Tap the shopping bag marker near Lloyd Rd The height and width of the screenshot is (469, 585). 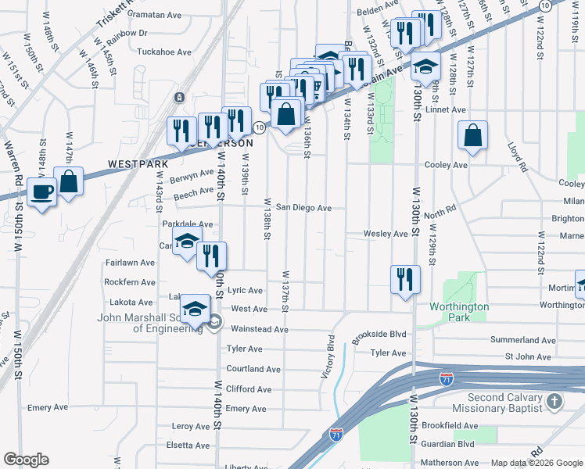coord(473,136)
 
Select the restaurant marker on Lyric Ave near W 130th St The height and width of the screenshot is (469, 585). coord(404,280)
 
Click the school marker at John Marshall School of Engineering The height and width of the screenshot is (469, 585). coord(196,309)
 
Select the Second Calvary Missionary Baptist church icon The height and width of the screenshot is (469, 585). coord(554,403)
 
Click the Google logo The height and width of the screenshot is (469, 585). coord(26,460)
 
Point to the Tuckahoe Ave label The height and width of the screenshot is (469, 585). coord(164,52)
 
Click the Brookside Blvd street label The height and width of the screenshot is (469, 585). coord(379,334)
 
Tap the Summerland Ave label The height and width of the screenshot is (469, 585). coord(523,340)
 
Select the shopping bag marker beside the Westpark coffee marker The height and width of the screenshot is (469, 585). coord(69,181)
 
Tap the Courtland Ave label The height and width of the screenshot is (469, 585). coord(253,369)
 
